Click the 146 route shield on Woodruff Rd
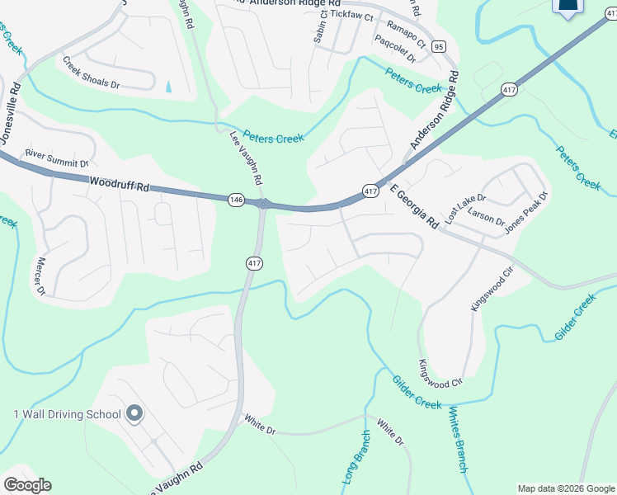(x=237, y=199)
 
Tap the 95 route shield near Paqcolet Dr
(x=438, y=46)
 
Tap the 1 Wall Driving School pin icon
(x=134, y=413)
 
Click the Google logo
(x=27, y=485)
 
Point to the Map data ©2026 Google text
(x=566, y=488)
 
